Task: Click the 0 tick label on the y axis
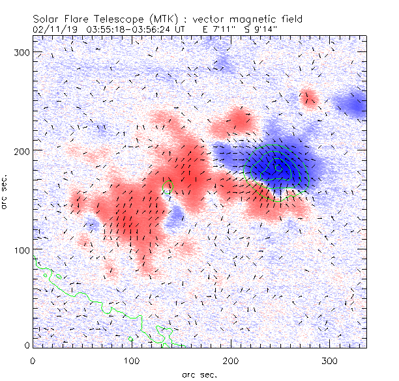click(x=27, y=345)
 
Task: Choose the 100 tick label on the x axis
click(x=132, y=360)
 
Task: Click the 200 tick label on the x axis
click(x=231, y=360)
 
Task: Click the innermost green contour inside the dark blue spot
click(x=278, y=167)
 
